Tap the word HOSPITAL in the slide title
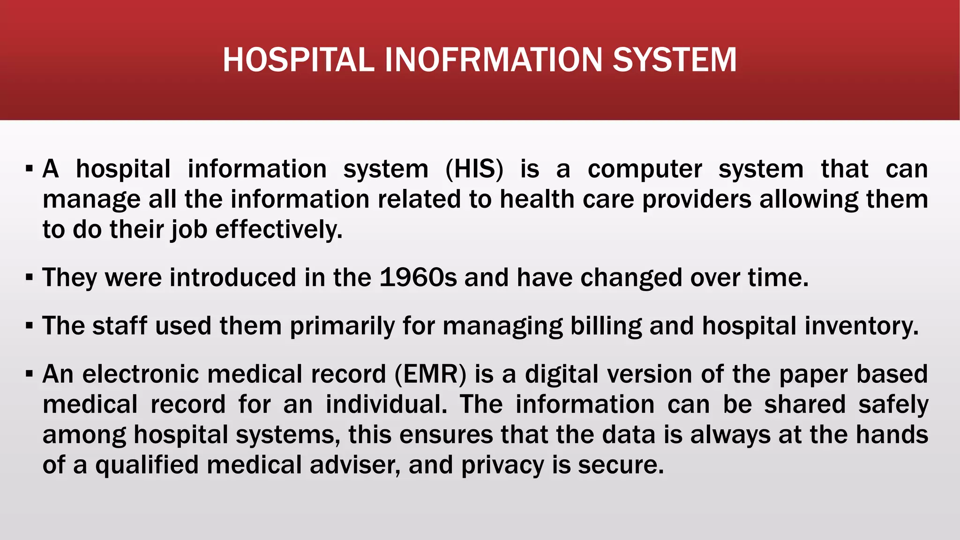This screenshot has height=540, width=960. [x=299, y=60]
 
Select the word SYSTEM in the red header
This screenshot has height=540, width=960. [x=675, y=60]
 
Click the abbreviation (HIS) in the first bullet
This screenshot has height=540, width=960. [x=474, y=169]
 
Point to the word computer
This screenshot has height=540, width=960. [x=645, y=170]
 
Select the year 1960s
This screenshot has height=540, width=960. [x=418, y=277]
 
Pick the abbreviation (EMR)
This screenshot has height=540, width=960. [x=431, y=375]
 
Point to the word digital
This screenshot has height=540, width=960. [x=562, y=375]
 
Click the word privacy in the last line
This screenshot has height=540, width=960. [x=502, y=465]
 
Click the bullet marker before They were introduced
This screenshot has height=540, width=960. [x=30, y=278]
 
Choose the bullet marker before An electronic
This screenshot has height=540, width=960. [x=30, y=375]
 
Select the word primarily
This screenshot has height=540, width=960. [x=342, y=326]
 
